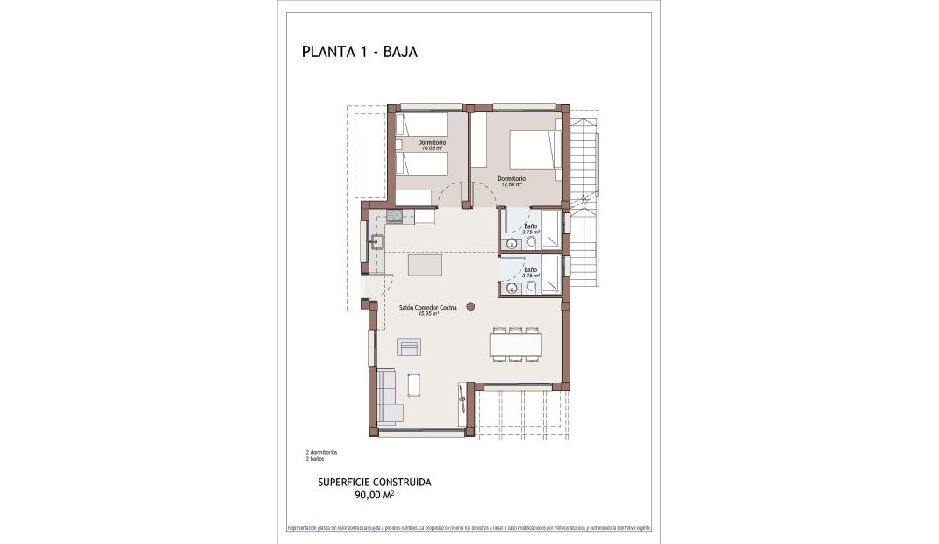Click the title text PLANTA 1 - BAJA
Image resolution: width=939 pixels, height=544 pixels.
pos(359,52)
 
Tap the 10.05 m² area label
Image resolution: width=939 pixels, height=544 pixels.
pos(432,148)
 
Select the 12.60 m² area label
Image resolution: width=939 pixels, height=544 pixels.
pos(512,184)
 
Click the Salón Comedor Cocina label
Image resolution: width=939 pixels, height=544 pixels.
pos(427,308)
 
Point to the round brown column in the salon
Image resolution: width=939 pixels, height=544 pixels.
pos(471,306)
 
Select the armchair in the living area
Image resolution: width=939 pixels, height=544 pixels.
pos(409,348)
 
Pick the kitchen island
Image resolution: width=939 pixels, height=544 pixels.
pos(426,264)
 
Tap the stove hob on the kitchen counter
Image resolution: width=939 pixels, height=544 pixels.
pos(394,215)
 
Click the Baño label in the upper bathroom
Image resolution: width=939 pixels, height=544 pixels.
pos(530,226)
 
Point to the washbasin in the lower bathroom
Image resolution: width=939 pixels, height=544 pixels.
pos(510,286)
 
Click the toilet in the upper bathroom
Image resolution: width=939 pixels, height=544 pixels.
pos(530,243)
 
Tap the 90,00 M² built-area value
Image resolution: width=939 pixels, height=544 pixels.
pos(374,495)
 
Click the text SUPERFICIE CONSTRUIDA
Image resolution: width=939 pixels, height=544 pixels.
pos(374,483)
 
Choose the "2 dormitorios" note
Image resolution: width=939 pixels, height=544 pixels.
pos(321,452)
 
